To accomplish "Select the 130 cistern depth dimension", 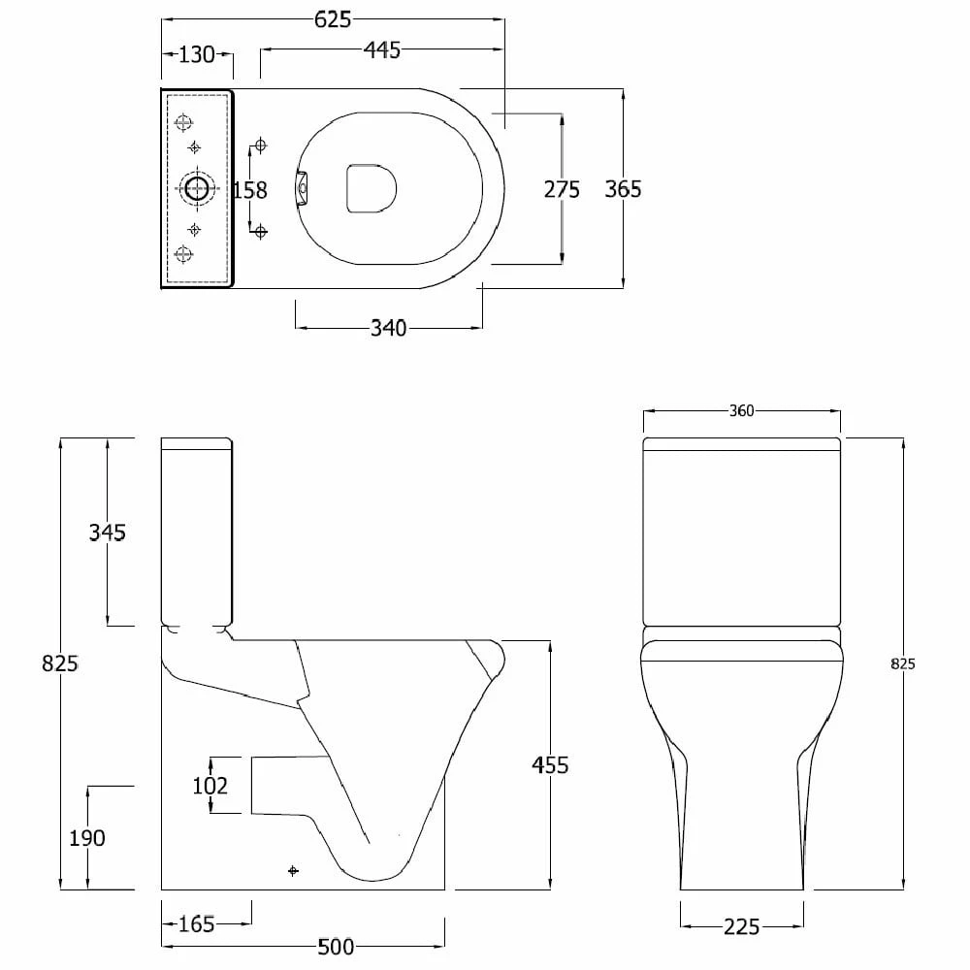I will pyautogui.click(x=197, y=55).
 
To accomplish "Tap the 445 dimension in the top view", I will pyautogui.click(x=382, y=51).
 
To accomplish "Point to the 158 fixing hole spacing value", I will pyautogui.click(x=250, y=190).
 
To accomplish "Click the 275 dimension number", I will pyautogui.click(x=562, y=190).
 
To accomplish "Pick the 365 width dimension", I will pyautogui.click(x=623, y=189).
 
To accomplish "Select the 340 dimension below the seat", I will pyautogui.click(x=388, y=329).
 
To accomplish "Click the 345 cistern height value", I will pyautogui.click(x=107, y=533).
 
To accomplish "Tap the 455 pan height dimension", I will pyautogui.click(x=550, y=765).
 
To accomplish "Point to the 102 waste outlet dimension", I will pyautogui.click(x=210, y=786).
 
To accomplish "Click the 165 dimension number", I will pyautogui.click(x=197, y=925).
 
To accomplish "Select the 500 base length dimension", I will pyautogui.click(x=335, y=947).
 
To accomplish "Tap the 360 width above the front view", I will pyautogui.click(x=741, y=411).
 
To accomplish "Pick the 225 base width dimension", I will pyautogui.click(x=741, y=927).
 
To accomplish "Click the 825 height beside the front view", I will pyautogui.click(x=902, y=664).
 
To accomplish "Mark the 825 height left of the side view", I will pyautogui.click(x=60, y=664).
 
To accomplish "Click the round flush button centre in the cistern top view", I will pyautogui.click(x=197, y=189).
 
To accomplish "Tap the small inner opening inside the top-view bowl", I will pyautogui.click(x=372, y=186).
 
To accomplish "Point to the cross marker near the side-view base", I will pyautogui.click(x=294, y=871).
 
